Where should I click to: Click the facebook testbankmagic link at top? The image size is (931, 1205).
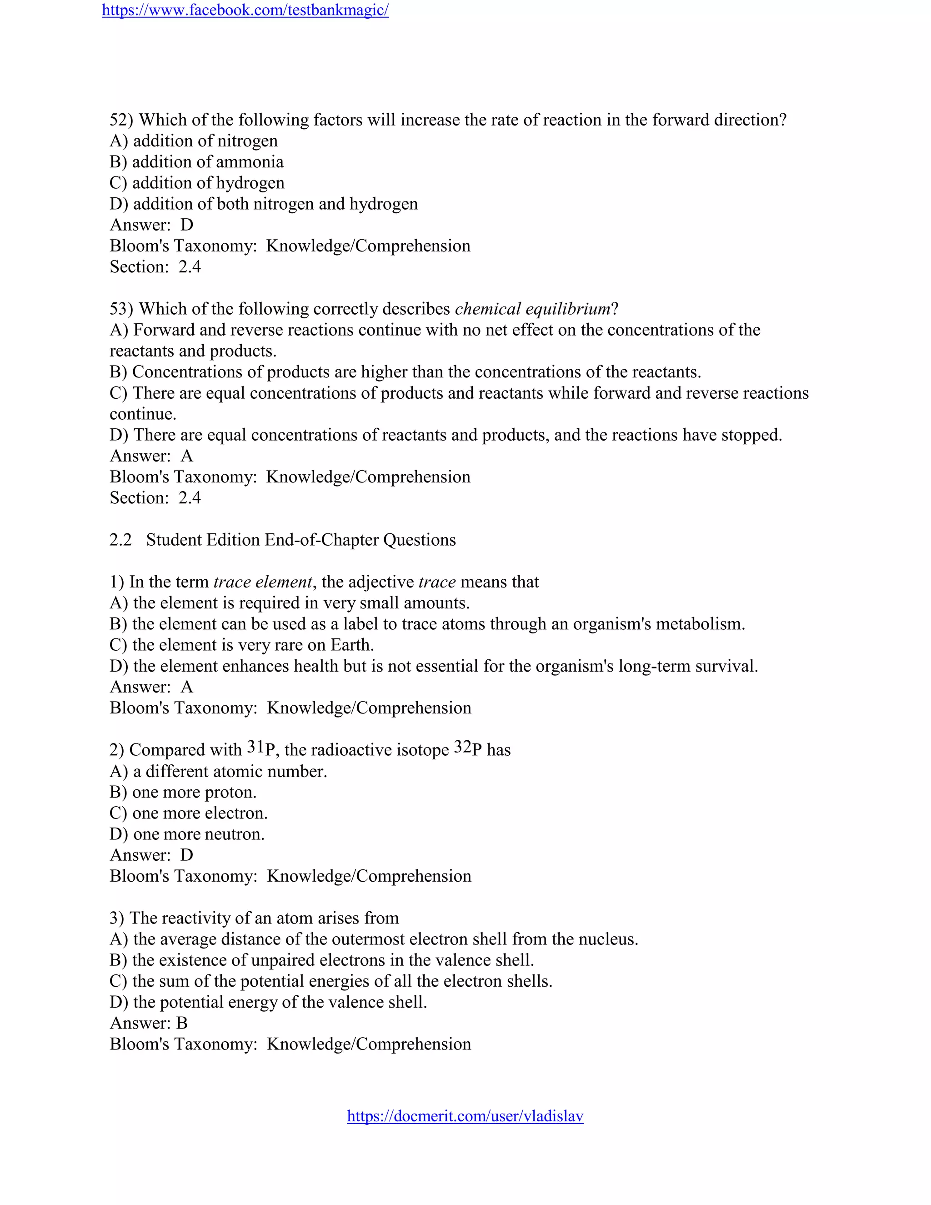(x=245, y=10)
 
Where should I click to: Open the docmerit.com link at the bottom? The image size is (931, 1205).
(x=465, y=1115)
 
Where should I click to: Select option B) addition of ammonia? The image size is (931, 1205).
(x=196, y=162)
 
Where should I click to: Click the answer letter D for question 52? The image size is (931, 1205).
(x=187, y=225)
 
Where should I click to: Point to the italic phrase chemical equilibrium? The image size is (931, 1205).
(x=532, y=308)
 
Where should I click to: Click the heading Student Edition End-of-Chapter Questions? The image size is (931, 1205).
(x=300, y=540)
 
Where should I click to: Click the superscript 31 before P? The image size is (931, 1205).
(x=255, y=747)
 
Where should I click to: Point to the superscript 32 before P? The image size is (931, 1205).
(x=462, y=747)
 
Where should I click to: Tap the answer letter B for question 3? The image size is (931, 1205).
(x=181, y=1023)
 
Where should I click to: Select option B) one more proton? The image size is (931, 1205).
(x=183, y=792)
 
